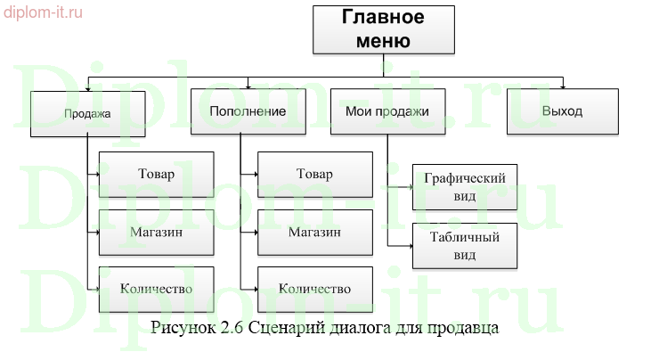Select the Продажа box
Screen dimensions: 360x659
pyautogui.click(x=87, y=113)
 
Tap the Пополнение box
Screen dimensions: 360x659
pyautogui.click(x=248, y=112)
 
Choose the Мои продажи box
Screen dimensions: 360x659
pyautogui.click(x=386, y=112)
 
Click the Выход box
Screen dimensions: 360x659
pyautogui.click(x=562, y=112)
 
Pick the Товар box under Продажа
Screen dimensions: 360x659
pyautogui.click(x=157, y=174)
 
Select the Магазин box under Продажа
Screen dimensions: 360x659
pyautogui.click(x=157, y=231)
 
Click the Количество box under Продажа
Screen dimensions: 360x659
pyautogui.click(x=157, y=288)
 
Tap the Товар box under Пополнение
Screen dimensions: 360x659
pyautogui.click(x=314, y=174)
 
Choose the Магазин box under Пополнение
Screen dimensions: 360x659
pyautogui.click(x=314, y=231)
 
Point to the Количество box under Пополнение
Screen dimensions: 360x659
pyautogui.click(x=314, y=288)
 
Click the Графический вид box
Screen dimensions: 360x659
pyautogui.click(x=464, y=186)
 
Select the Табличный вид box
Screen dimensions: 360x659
pyautogui.click(x=464, y=245)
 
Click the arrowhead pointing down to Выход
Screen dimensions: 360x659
pyautogui.click(x=562, y=85)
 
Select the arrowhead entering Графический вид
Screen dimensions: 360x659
pyautogui.click(x=409, y=187)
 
